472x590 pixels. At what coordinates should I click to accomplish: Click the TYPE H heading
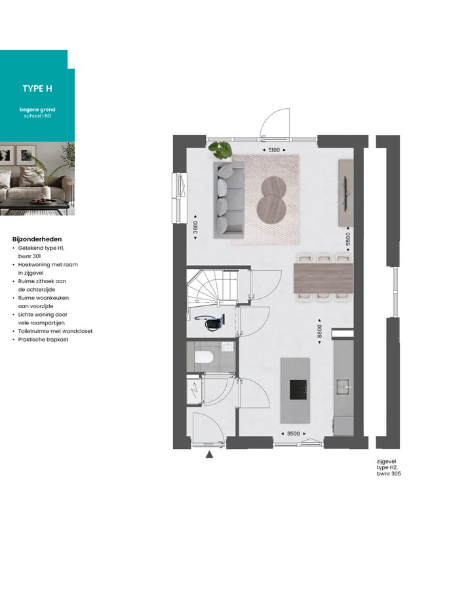pos(37,88)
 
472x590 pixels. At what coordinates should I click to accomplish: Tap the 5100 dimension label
pos(274,149)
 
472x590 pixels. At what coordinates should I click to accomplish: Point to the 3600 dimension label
pos(195,227)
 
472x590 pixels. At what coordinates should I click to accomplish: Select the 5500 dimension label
pos(348,239)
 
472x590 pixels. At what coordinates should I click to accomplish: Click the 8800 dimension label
pos(319,331)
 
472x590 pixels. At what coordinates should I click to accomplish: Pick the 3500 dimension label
pos(293,433)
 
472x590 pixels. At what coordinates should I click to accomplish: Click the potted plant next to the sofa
pos(220,149)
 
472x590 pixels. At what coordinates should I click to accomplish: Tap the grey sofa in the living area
pos(229,200)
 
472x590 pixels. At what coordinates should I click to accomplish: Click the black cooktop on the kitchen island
pos(298,390)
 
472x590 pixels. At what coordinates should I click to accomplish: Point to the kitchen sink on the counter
pos(343,387)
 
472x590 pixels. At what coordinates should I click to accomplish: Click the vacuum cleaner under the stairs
pos(211,322)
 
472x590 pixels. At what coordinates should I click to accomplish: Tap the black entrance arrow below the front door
pos(209,454)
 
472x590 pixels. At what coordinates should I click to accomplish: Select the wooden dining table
pos(323,279)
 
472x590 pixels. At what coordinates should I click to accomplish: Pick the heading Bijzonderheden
pos(37,239)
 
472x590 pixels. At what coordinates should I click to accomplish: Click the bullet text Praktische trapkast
pos(43,340)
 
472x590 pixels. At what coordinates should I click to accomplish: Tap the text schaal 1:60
pos(37,116)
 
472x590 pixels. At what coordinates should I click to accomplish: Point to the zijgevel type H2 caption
pos(389,467)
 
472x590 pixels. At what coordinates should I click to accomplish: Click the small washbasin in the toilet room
pos(227,347)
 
